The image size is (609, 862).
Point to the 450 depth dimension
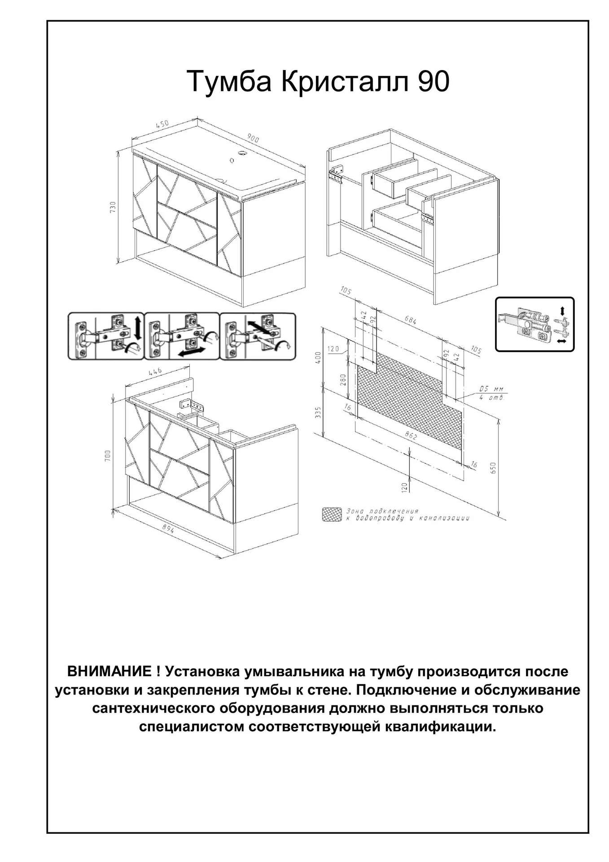click(162, 124)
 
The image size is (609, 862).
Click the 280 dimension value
click(343, 380)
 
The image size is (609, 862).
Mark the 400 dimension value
click(318, 358)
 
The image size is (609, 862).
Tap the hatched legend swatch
click(332, 515)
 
